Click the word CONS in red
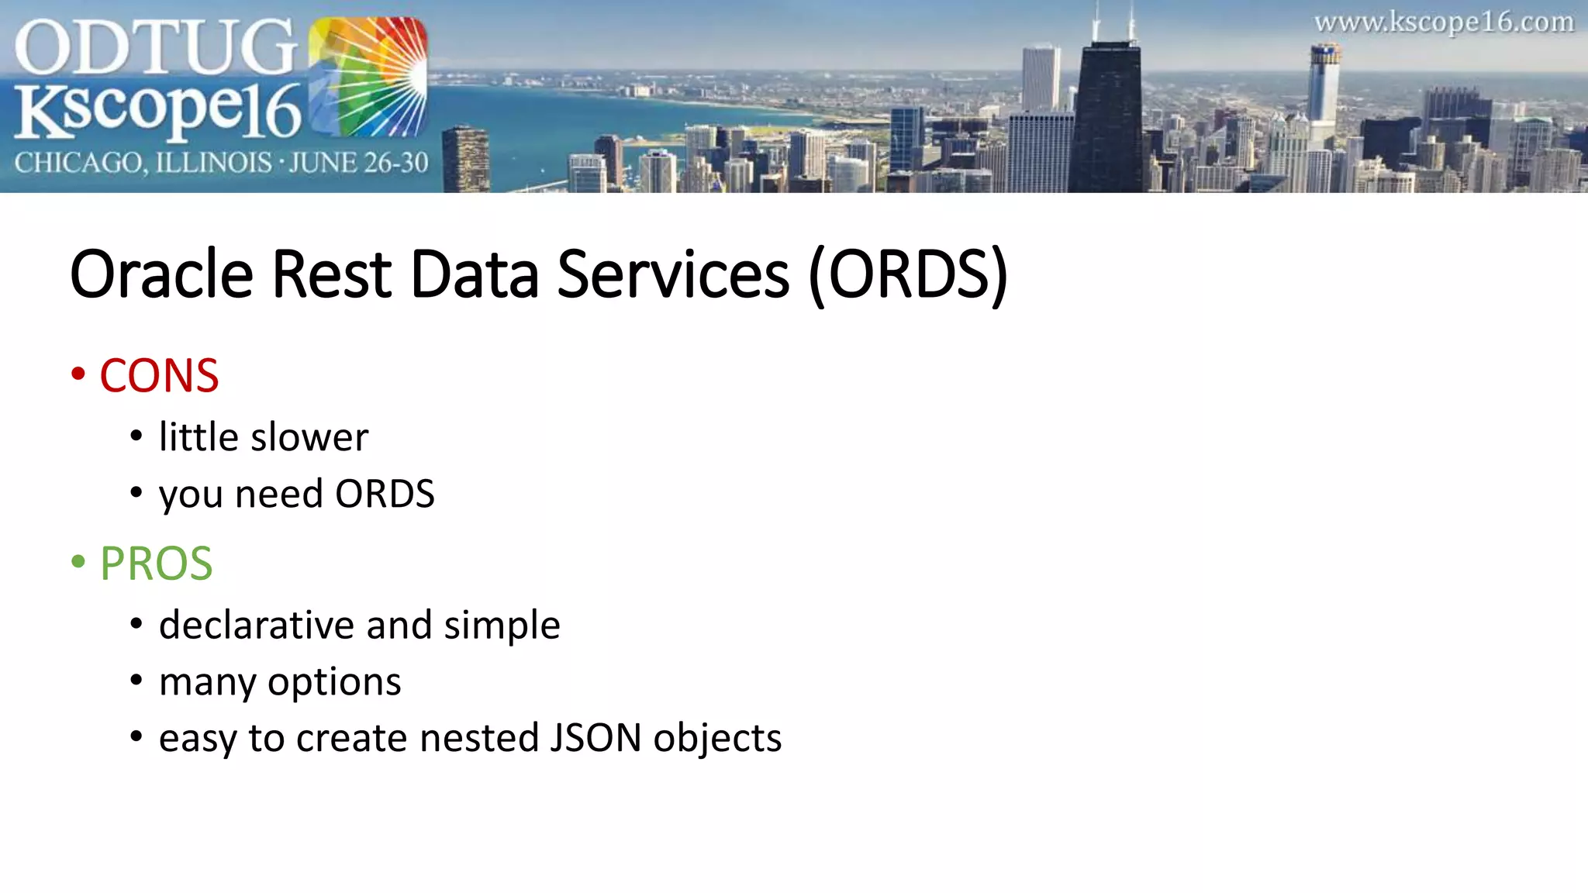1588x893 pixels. (x=159, y=376)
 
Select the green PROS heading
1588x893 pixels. (x=156, y=564)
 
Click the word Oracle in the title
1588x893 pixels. (x=161, y=274)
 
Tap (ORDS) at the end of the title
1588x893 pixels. (x=908, y=274)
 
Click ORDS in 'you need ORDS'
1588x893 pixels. (x=385, y=494)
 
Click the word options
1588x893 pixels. (x=334, y=682)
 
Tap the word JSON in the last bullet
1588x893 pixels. (x=595, y=738)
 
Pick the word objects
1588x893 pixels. (x=717, y=738)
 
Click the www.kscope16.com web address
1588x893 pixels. (x=1444, y=22)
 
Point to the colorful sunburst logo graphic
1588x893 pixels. (x=368, y=78)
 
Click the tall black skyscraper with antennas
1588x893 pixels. (x=1109, y=116)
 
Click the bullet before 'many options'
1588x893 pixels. (x=136, y=681)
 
